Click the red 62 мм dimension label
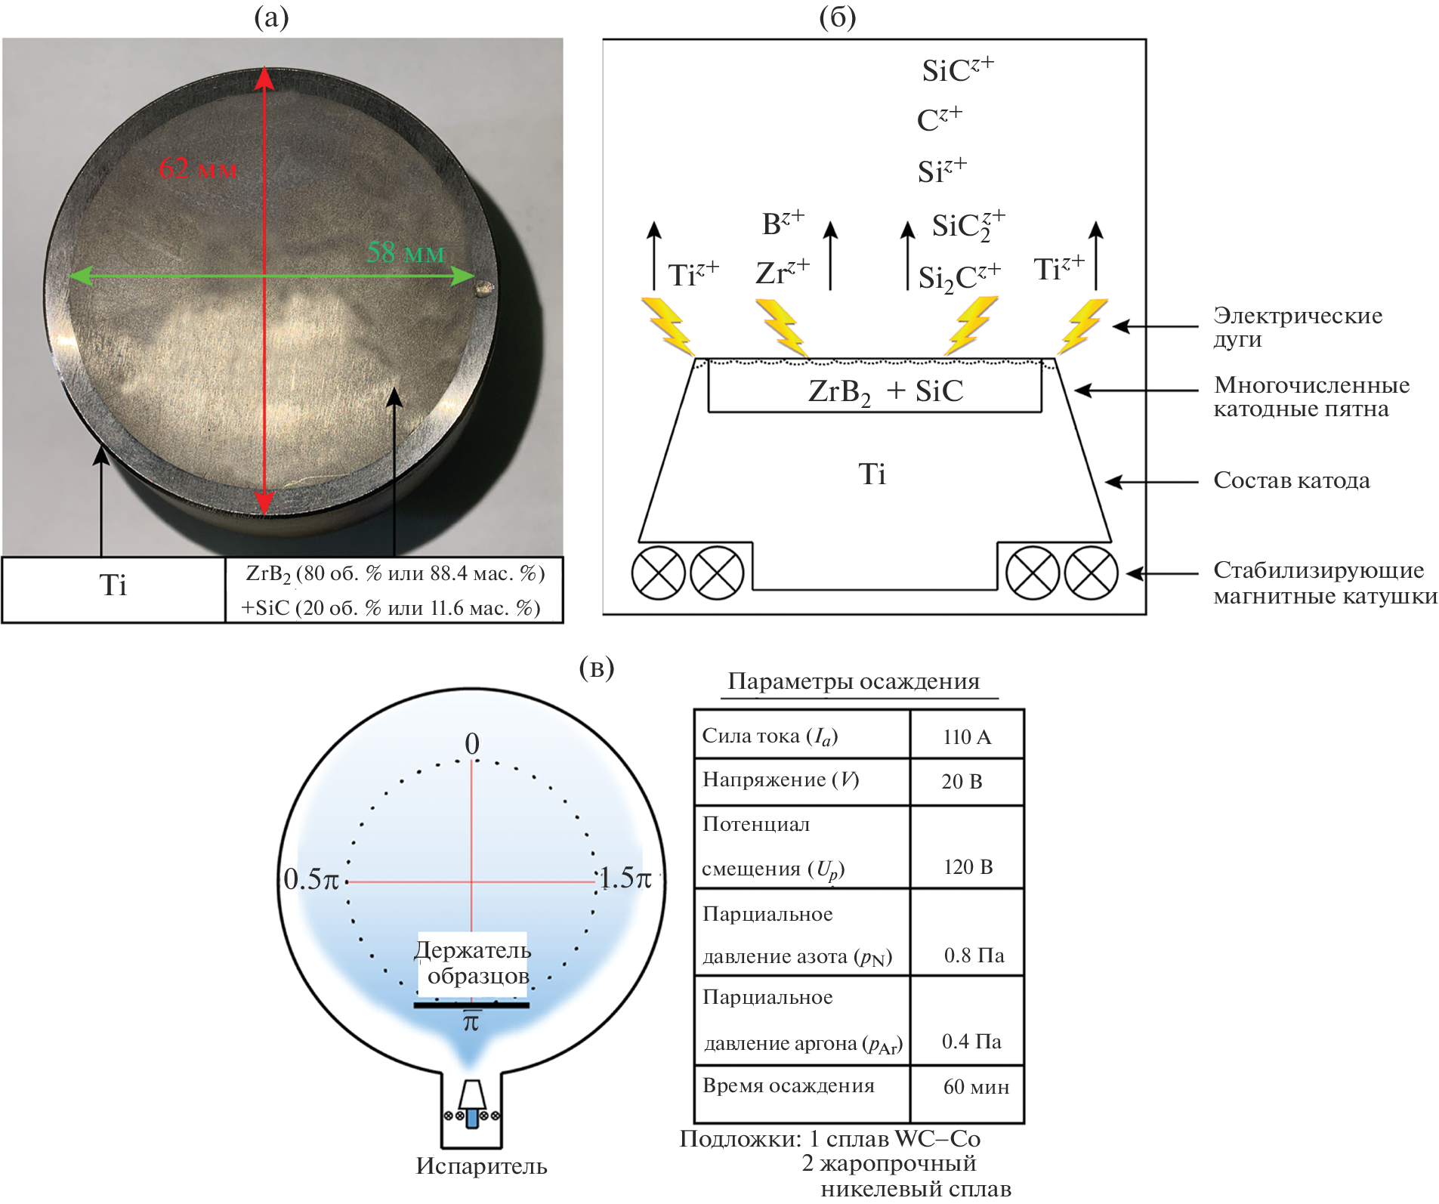(198, 168)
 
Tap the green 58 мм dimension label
(406, 253)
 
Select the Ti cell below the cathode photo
(113, 586)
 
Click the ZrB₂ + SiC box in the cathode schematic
(875, 391)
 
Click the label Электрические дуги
(1297, 327)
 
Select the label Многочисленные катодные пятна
(1311, 397)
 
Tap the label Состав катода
(1291, 480)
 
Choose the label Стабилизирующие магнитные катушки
(1324, 582)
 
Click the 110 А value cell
(967, 737)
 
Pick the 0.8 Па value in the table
(974, 955)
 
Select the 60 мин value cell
(975, 1087)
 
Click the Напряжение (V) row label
(780, 780)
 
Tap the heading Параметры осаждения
(854, 681)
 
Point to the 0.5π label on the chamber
(311, 879)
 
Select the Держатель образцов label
(473, 962)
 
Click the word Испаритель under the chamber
(481, 1166)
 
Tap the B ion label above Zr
(783, 224)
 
